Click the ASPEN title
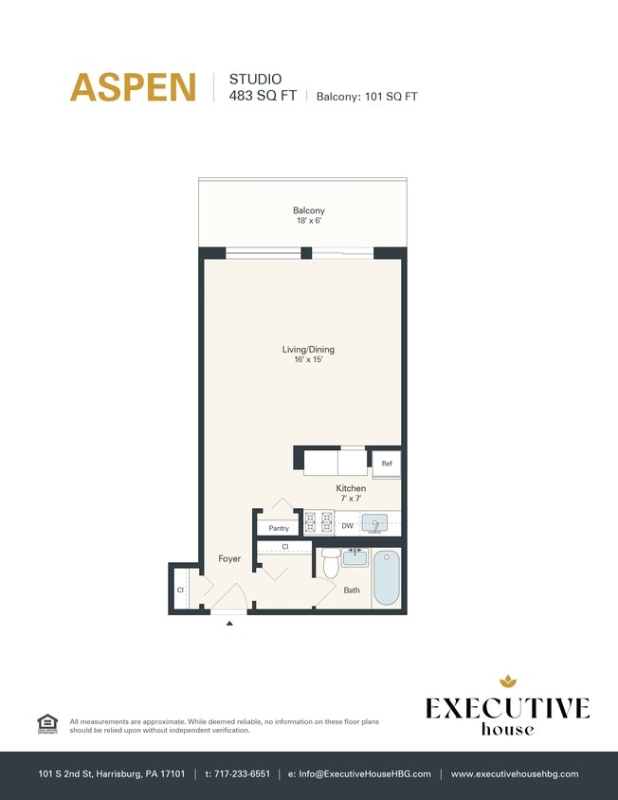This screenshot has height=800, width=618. [133, 87]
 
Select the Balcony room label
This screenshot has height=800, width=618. [308, 210]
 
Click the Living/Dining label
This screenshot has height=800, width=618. [308, 350]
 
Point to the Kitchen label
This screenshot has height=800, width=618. [351, 488]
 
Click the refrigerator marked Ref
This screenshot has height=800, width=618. [387, 464]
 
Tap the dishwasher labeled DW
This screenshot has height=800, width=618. [347, 525]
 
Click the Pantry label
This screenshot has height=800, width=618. [279, 528]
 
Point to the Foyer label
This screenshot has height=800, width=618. [229, 559]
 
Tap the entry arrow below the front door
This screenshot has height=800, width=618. [228, 624]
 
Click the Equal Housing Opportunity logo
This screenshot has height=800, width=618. [46, 723]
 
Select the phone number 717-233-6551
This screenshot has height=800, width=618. [238, 774]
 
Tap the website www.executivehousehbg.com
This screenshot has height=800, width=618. [515, 774]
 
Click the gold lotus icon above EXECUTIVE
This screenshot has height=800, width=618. [507, 681]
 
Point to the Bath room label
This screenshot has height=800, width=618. [352, 590]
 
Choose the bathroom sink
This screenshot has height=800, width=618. [354, 557]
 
